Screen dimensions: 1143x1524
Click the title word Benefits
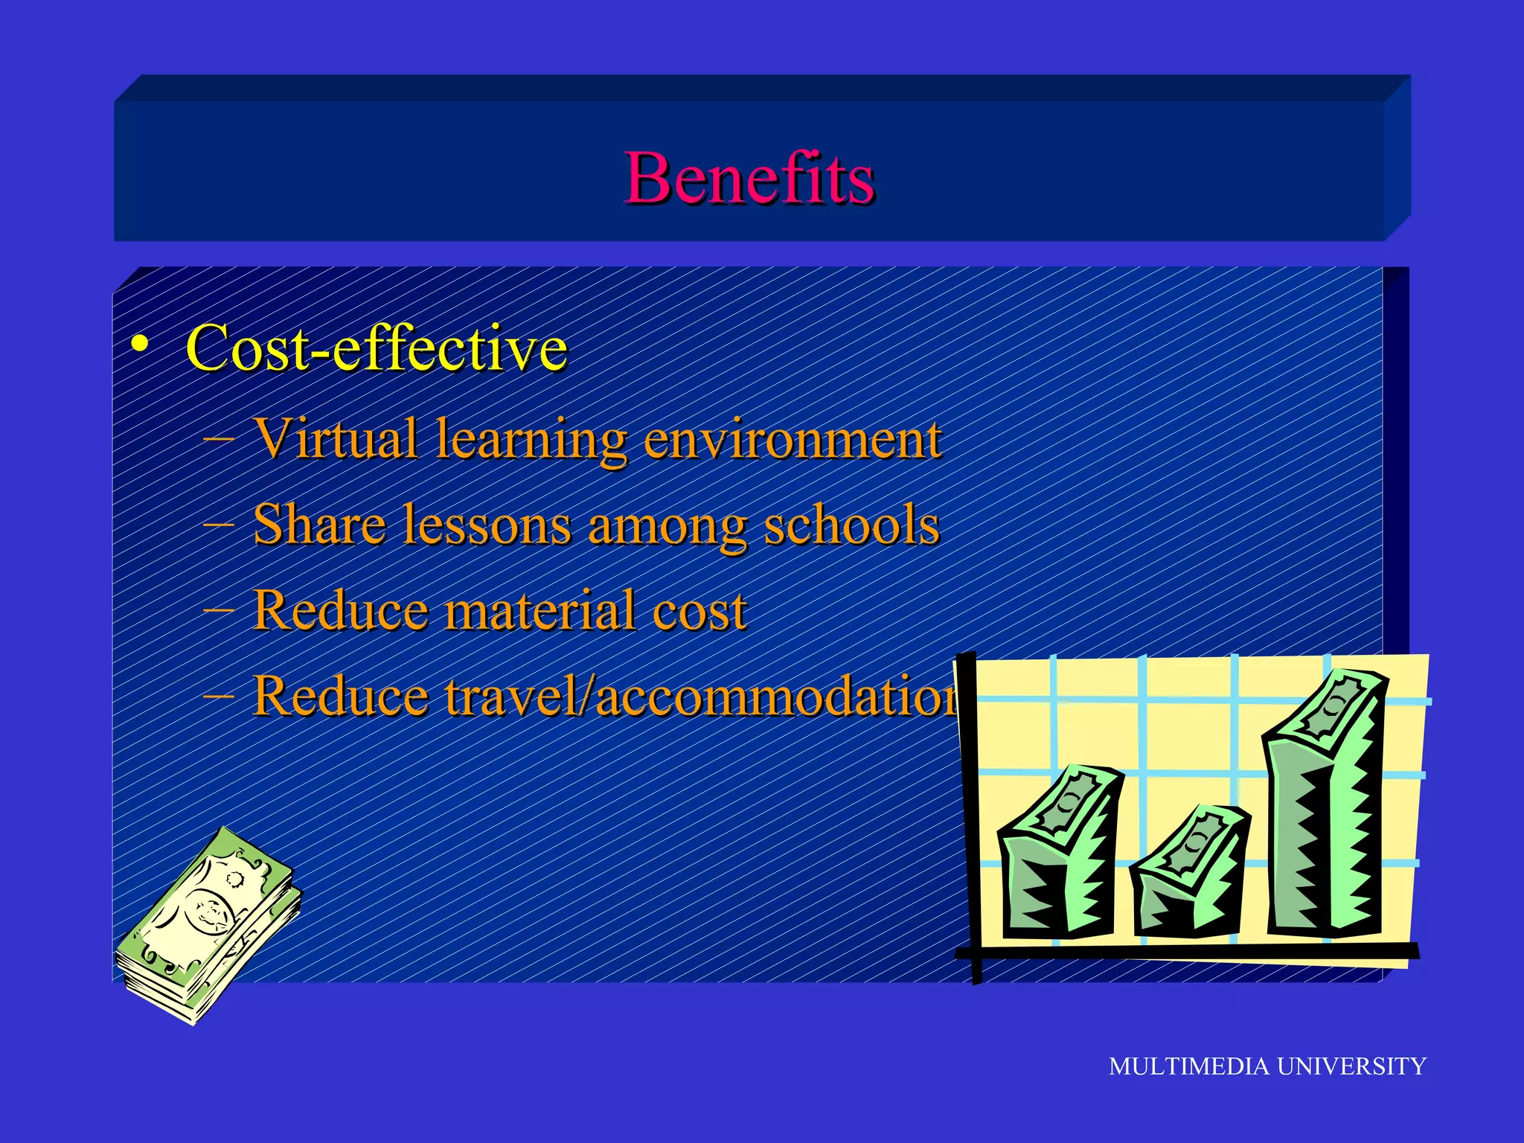point(749,179)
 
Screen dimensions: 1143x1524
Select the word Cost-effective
point(377,348)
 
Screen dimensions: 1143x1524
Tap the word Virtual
point(336,438)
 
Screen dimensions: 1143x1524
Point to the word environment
point(793,440)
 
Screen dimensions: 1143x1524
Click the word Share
point(319,525)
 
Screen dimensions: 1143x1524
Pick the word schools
point(851,525)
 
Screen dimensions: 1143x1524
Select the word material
point(541,611)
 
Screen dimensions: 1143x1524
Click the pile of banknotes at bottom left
point(208,926)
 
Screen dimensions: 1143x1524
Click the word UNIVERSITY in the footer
point(1351,1066)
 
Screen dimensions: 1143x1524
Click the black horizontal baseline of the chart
point(1191,951)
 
